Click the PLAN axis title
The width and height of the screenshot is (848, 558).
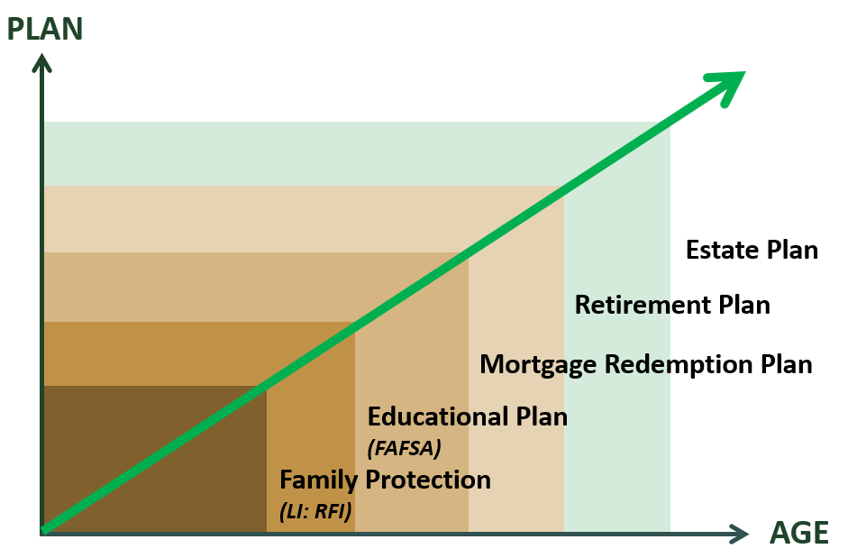[45, 29]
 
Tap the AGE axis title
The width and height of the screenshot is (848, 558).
[798, 533]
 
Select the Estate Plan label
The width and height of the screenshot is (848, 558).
[752, 250]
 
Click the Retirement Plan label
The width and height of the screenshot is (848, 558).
[672, 305]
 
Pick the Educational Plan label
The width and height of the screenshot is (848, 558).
[468, 416]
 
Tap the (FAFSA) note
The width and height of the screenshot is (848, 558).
[404, 448]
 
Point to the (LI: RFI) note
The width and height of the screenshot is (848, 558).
[315, 511]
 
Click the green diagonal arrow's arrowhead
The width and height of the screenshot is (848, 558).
[727, 86]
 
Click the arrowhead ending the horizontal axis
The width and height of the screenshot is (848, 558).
[739, 535]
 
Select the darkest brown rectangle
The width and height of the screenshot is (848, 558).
[155, 459]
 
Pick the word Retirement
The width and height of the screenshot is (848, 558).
[643, 305]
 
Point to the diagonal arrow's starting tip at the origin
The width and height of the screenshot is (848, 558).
[43, 532]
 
